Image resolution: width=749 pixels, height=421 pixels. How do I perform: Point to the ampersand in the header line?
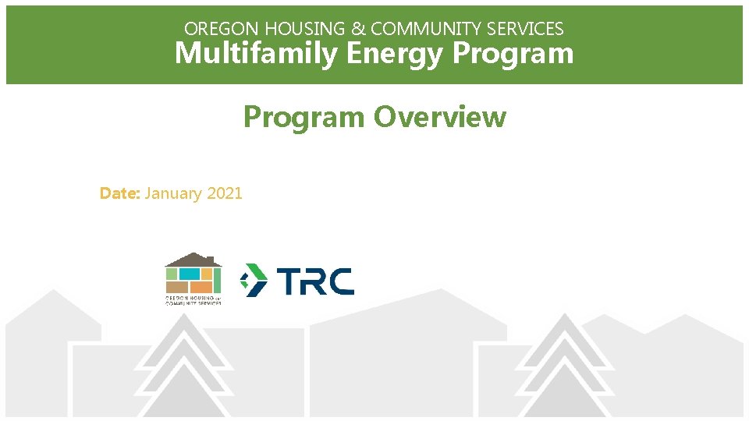pyautogui.click(x=358, y=29)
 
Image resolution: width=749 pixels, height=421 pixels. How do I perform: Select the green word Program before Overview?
pyautogui.click(x=304, y=117)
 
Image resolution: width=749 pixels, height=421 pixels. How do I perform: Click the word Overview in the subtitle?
pyautogui.click(x=439, y=117)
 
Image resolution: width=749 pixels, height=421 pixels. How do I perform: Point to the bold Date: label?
pyautogui.click(x=119, y=193)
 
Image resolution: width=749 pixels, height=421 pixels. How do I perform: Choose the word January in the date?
pyautogui.click(x=173, y=193)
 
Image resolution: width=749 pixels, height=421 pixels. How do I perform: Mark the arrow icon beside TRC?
pyautogui.click(x=253, y=280)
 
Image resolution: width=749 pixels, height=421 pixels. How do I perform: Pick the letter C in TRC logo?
pyautogui.click(x=339, y=281)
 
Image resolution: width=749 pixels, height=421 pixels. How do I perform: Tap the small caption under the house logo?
pyautogui.click(x=193, y=300)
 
